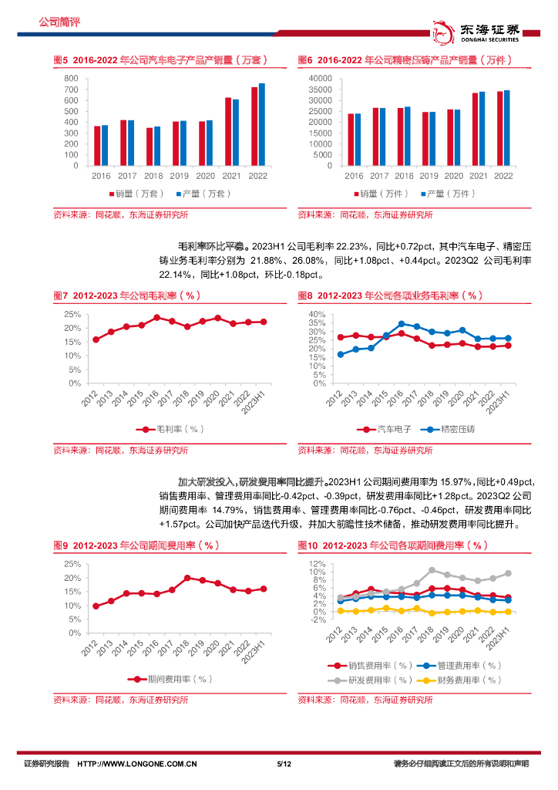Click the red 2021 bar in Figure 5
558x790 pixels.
tap(228, 131)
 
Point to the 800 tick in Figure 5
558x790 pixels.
tap(70, 79)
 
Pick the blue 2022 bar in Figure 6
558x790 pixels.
tap(506, 127)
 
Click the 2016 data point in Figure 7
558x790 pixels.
tap(156, 317)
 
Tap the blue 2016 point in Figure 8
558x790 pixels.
tap(401, 324)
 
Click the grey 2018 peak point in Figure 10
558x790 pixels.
tap(432, 570)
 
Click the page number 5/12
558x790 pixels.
tap(282, 764)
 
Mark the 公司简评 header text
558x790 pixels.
tap(59, 21)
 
